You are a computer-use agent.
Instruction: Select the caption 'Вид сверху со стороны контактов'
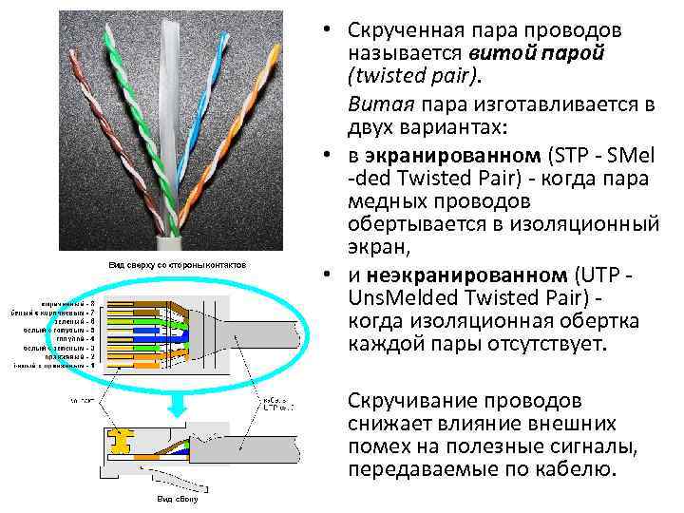click(178, 263)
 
